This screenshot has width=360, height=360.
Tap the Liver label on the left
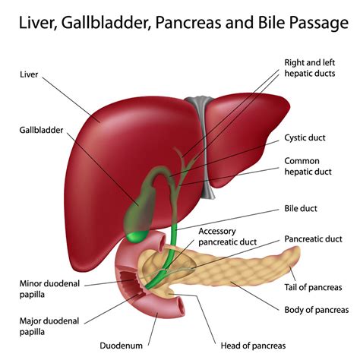click(30, 74)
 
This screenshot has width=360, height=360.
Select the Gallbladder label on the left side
click(41, 130)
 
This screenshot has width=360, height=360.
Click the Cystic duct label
click(307, 137)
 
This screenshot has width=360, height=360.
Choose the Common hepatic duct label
click(307, 167)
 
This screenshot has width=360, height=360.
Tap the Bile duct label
click(301, 207)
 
